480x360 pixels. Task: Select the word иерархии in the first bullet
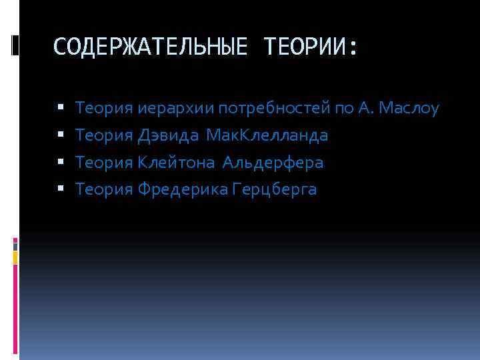(x=167, y=108)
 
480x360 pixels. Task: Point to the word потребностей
(x=273, y=108)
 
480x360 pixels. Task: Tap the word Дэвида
(x=168, y=135)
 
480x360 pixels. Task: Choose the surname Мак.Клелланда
(x=267, y=135)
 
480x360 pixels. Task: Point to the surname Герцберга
(x=275, y=190)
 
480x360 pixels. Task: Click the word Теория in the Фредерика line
(x=105, y=190)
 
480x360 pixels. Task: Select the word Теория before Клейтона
(x=105, y=163)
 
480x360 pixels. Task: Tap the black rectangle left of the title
(x=15, y=45)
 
